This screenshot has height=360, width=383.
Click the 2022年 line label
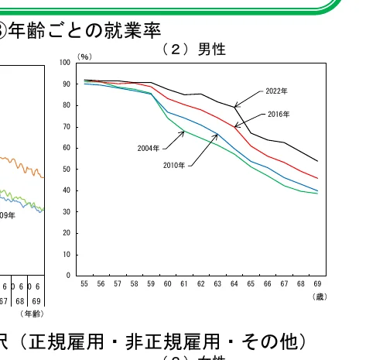point(276,91)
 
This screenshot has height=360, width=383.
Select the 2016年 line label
point(279,114)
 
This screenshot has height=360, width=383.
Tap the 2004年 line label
point(149,147)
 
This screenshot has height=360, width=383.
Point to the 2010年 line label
point(174,165)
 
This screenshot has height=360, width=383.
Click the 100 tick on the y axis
point(67,63)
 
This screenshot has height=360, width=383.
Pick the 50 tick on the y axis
point(68,169)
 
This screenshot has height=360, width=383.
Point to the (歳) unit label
point(320,297)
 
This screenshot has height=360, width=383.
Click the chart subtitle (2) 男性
point(193,49)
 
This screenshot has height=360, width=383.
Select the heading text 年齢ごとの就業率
point(84,30)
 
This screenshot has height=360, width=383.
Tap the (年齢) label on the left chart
point(32,313)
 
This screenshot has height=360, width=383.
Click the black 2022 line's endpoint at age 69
point(317,161)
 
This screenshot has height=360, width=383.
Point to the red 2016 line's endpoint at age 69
point(317,178)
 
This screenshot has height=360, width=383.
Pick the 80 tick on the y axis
point(68,105)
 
